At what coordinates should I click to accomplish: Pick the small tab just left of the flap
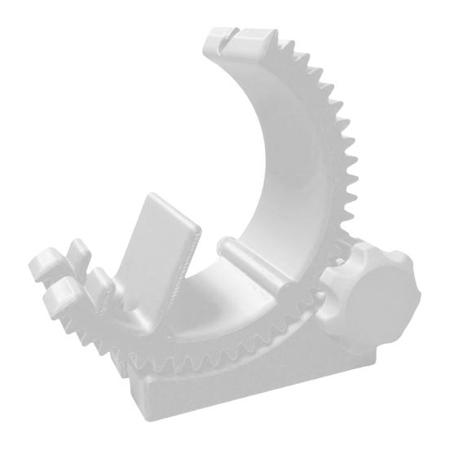(101, 281)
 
